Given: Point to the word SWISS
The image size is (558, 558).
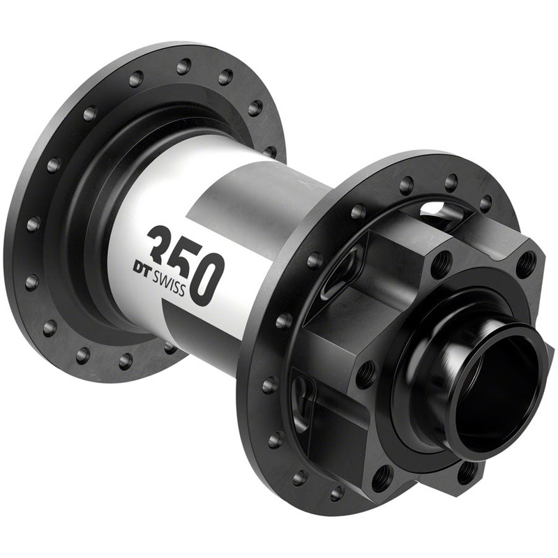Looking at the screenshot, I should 168,282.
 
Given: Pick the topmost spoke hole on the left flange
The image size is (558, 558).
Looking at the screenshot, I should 183,66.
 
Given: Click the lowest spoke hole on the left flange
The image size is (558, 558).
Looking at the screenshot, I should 126,360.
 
